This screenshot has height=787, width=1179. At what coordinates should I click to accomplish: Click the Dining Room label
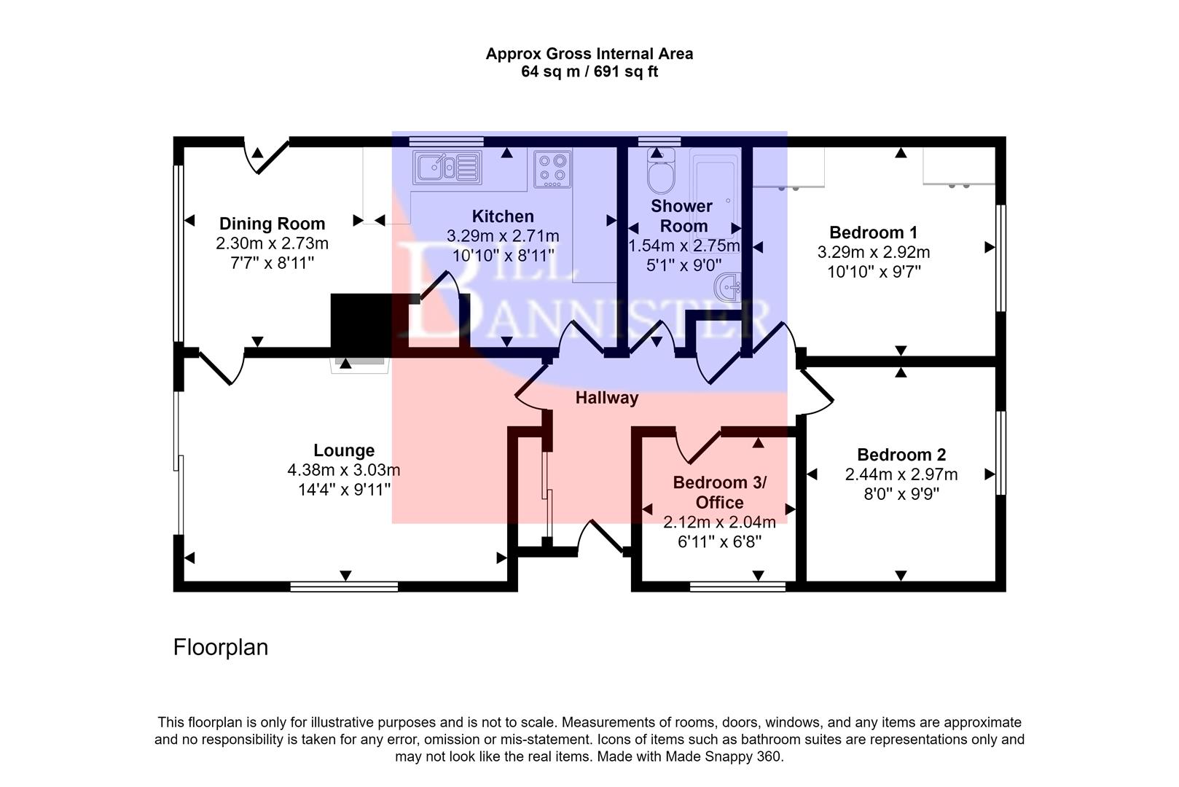(x=272, y=224)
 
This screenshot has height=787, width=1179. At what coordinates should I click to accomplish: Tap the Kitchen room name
(x=503, y=216)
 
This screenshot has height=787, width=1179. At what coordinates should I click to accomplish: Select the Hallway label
(x=606, y=398)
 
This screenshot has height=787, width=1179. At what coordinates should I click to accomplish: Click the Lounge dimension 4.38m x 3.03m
(x=343, y=470)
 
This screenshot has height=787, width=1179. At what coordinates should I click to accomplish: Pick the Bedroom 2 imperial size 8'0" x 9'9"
(x=901, y=493)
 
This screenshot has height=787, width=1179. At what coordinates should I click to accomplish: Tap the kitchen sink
(x=447, y=168)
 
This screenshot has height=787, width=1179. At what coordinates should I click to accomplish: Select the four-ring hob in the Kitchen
(x=552, y=168)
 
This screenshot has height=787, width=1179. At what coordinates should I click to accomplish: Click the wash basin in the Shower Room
(x=729, y=287)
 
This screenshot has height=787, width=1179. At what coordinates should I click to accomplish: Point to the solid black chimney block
(x=361, y=323)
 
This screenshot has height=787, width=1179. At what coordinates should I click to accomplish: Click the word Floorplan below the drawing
(x=220, y=647)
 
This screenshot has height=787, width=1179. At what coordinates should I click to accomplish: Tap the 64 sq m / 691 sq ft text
(x=589, y=72)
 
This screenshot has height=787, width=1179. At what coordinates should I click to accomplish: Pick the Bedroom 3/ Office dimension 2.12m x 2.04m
(x=718, y=522)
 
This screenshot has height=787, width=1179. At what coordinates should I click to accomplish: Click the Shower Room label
(x=682, y=216)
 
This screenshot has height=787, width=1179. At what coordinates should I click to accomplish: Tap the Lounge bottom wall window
(x=343, y=587)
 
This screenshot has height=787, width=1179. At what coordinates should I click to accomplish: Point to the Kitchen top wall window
(x=446, y=141)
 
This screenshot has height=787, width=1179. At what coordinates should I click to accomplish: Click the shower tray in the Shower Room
(x=715, y=193)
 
